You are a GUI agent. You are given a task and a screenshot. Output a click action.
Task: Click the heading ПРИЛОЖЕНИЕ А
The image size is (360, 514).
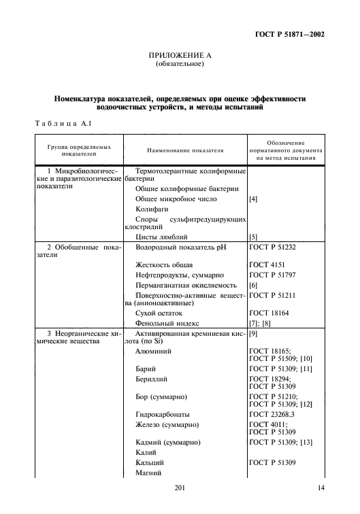(179, 56)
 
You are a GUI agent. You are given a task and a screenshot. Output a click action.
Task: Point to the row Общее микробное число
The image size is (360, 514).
(176, 199)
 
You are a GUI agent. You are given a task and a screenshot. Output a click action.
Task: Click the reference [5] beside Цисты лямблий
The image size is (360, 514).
(253, 237)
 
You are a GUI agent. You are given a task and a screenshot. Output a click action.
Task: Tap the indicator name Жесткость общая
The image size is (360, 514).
(164, 264)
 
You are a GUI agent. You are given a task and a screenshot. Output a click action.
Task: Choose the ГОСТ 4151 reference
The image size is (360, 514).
(265, 264)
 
